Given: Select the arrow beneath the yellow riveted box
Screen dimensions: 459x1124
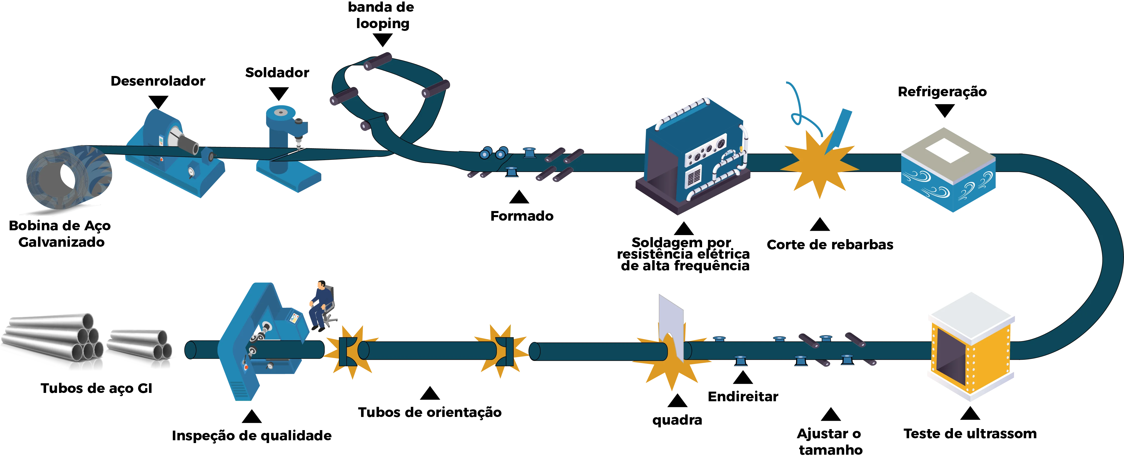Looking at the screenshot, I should (x=969, y=414).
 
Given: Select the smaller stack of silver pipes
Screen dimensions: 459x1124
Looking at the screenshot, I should (x=140, y=349).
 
